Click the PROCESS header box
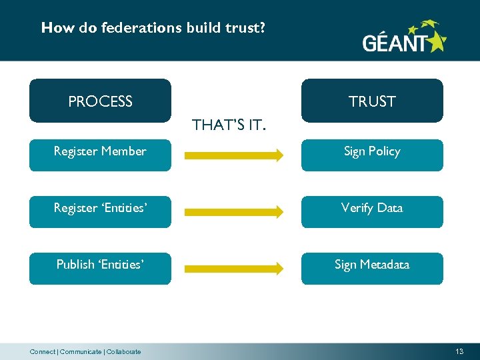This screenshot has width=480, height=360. (100, 101)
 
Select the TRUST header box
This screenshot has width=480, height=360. (372, 101)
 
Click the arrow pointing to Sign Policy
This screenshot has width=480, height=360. (233, 156)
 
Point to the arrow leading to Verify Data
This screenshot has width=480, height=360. (233, 213)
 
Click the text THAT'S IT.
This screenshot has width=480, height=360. (229, 125)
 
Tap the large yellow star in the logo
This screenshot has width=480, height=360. (437, 42)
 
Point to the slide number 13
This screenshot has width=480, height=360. (459, 351)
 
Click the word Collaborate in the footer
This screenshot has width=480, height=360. (124, 352)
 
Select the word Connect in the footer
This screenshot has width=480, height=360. (43, 352)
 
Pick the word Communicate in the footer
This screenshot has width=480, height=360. (81, 352)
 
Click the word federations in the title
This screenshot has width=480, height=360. (134, 28)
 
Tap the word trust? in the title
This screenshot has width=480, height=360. (247, 28)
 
